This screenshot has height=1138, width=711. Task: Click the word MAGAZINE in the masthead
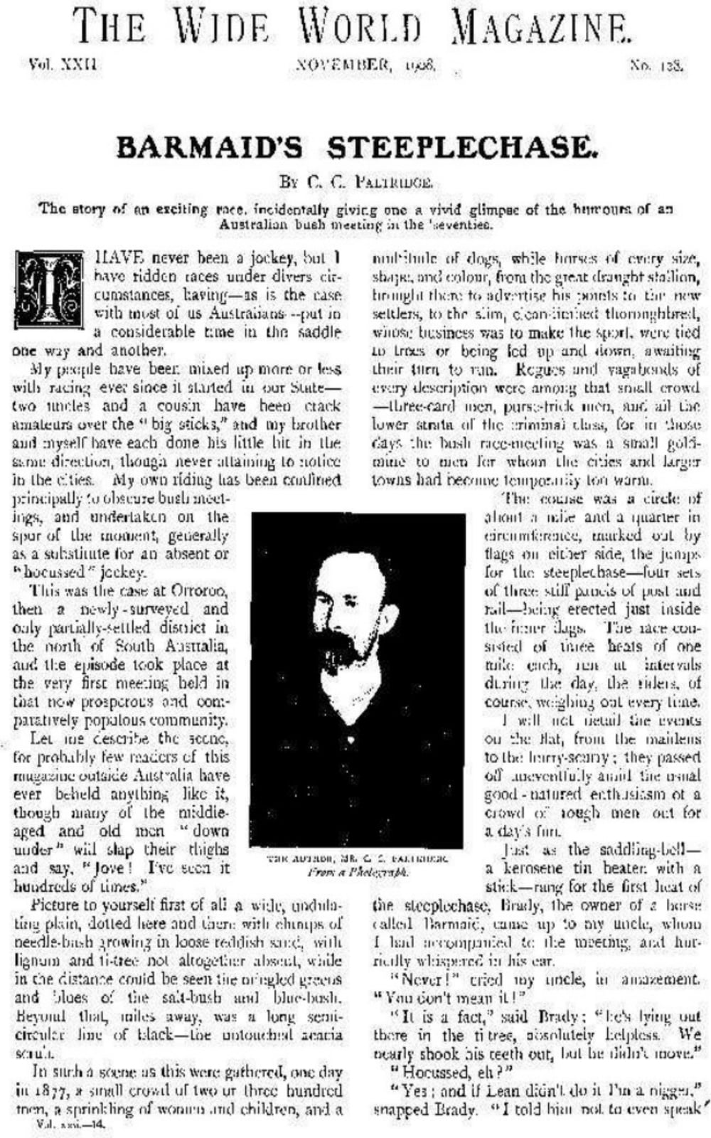coord(541,28)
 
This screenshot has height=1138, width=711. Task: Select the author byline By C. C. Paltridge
coord(356,182)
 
